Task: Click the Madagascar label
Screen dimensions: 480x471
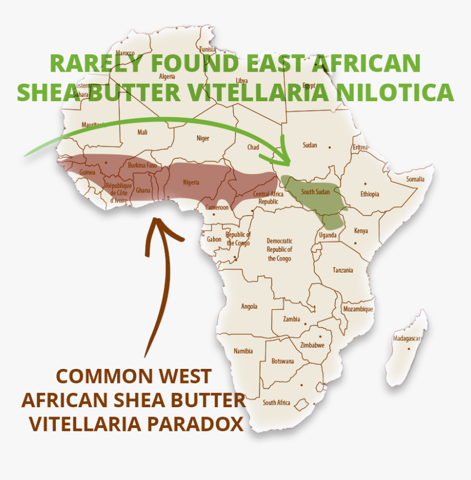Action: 406,339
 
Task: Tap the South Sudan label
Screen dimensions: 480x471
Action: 315,192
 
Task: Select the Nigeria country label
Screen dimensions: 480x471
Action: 191,182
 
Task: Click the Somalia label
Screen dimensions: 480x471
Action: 415,180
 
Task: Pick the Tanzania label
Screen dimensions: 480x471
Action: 343,270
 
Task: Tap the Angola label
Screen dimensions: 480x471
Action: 249,306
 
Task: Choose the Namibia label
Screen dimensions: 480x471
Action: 243,351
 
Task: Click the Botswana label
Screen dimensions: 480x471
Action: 283,361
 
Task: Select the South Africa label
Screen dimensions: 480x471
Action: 276,403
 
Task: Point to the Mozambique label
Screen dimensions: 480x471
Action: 358,309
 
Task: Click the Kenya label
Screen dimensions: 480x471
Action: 361,231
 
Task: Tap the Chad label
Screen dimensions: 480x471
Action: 253,147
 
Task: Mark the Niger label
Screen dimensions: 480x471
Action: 203,138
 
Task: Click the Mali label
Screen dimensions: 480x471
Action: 142,132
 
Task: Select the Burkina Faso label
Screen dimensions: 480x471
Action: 142,165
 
